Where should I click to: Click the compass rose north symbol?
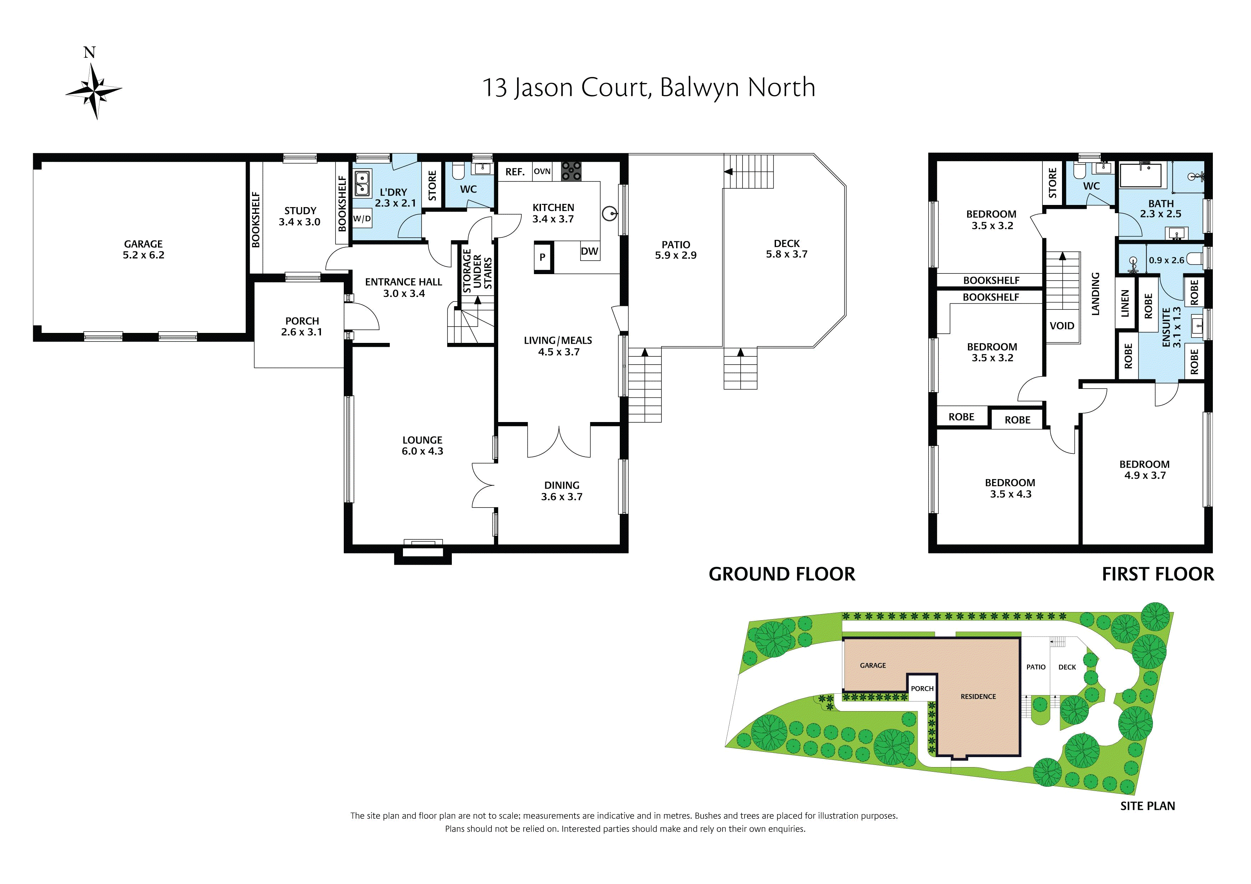[x=94, y=89]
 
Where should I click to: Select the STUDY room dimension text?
[x=299, y=222]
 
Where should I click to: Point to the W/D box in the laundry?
[x=362, y=219]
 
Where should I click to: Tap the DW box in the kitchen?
[x=589, y=251]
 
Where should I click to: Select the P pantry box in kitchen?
[x=543, y=257]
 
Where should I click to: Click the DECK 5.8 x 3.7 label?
[x=786, y=249]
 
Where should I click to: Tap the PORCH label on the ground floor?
[x=302, y=326]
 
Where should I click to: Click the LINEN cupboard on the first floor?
[x=1125, y=303]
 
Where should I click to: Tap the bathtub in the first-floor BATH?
[x=1140, y=176]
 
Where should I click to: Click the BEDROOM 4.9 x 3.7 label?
[x=1144, y=469]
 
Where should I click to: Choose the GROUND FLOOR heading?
[x=781, y=574]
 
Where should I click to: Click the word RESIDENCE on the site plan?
[x=978, y=696]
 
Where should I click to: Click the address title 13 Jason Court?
[x=648, y=88]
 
